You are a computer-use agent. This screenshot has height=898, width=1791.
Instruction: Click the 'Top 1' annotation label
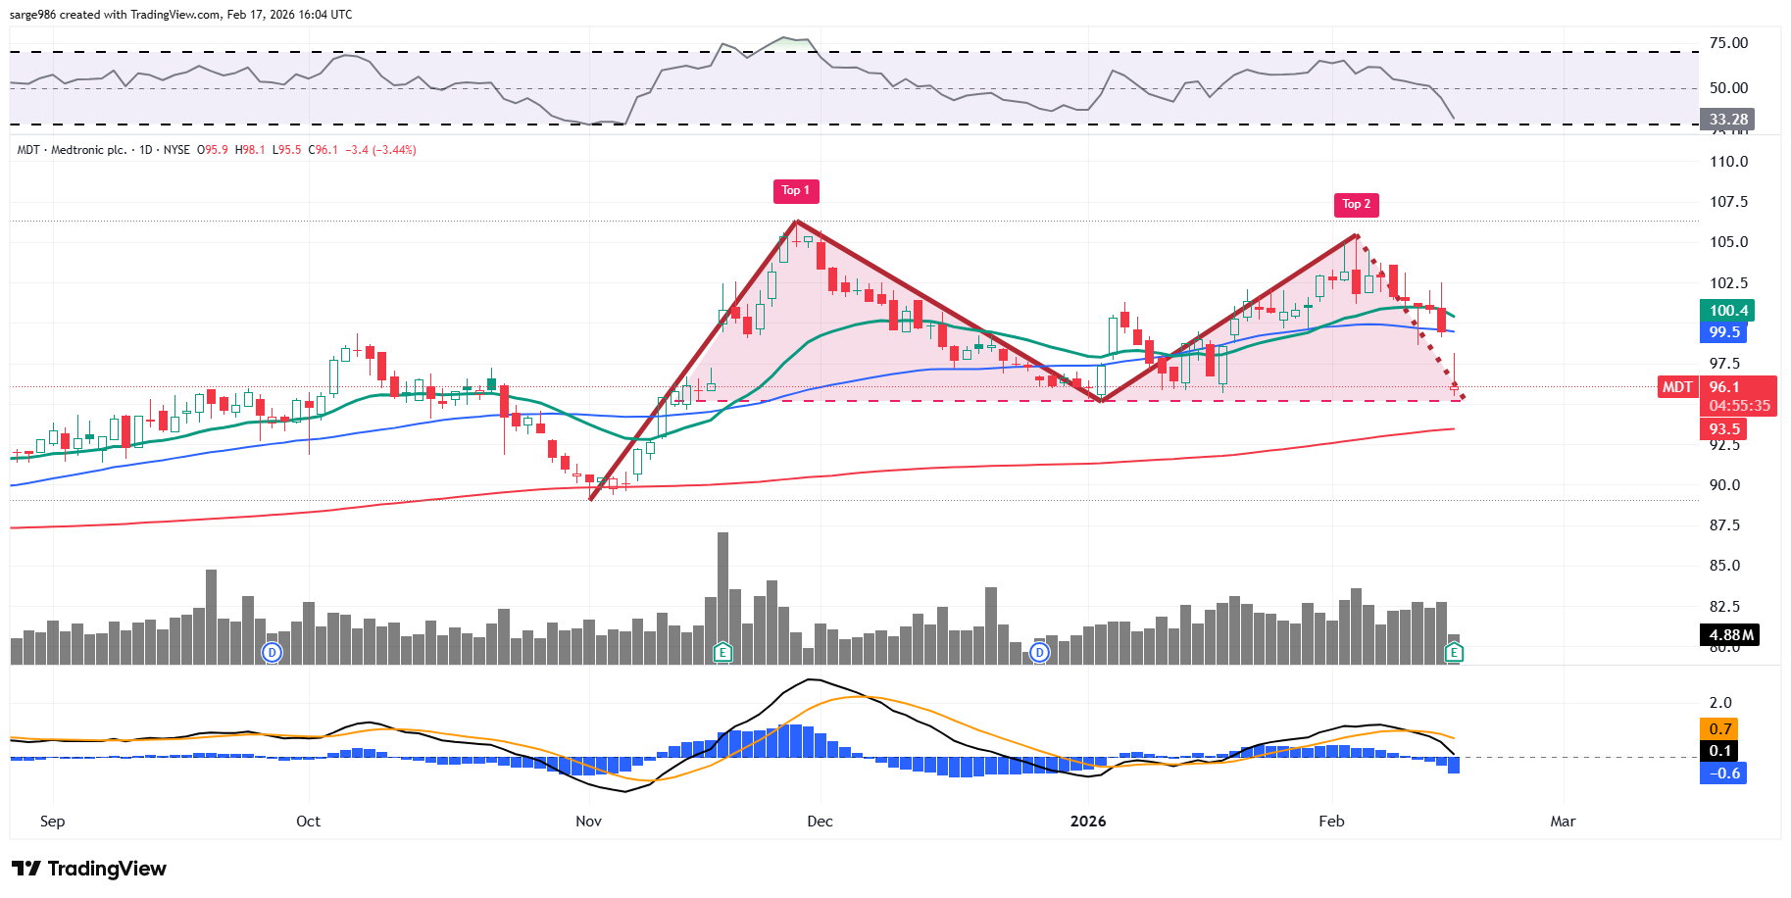click(795, 190)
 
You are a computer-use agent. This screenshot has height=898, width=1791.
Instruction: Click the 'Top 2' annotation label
click(1357, 204)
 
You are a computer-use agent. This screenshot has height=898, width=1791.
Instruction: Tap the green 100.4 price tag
click(1727, 311)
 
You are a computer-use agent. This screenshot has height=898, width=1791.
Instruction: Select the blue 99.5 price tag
click(1724, 332)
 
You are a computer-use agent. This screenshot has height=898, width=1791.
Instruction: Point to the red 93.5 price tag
click(1724, 429)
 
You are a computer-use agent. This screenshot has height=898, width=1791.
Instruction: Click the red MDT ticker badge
click(1676, 387)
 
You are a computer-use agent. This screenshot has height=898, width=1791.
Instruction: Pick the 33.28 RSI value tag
click(1727, 120)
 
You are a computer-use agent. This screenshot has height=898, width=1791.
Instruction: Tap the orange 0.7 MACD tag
click(1719, 729)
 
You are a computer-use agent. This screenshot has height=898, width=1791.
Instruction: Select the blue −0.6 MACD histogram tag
click(1723, 773)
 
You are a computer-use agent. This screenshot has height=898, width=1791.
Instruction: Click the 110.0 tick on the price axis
click(1728, 162)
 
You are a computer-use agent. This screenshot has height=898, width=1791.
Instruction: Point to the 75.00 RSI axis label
click(1728, 43)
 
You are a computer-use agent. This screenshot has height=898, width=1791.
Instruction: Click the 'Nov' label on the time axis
click(588, 822)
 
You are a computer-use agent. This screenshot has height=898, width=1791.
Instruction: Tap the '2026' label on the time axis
click(1088, 822)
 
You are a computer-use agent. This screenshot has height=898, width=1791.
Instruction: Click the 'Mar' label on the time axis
click(1563, 822)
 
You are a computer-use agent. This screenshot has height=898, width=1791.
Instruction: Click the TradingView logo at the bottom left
click(89, 869)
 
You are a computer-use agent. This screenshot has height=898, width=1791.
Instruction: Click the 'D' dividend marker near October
click(272, 652)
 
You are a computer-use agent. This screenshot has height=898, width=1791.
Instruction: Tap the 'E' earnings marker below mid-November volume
click(722, 652)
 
